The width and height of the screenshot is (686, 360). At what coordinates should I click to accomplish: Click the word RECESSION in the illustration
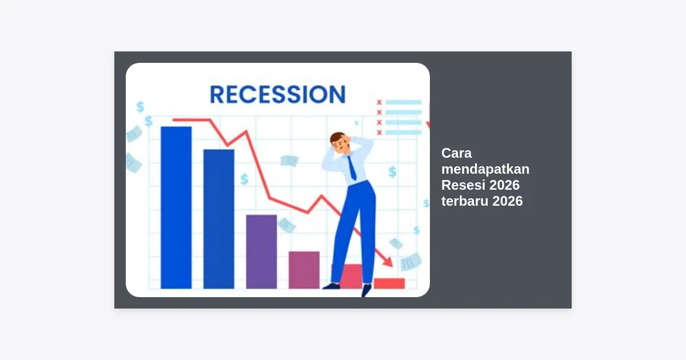coord(278,94)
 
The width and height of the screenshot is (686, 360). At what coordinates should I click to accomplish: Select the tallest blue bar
coord(176,207)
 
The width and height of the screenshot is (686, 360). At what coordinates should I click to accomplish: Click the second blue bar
coord(218,219)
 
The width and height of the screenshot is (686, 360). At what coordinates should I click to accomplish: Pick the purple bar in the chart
coord(261,251)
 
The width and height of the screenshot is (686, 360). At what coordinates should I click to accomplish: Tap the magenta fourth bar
coord(304,270)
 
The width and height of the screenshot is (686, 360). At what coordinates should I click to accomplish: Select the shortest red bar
coord(389,283)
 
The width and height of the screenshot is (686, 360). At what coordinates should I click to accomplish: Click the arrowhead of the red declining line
coord(388,262)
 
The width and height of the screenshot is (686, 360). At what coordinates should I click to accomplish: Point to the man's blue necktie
coord(352,168)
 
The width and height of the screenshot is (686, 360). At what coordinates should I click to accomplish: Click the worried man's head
coord(340,142)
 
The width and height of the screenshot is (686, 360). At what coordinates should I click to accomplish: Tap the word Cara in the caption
coord(456,153)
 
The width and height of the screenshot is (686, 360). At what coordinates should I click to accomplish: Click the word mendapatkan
coord(485,169)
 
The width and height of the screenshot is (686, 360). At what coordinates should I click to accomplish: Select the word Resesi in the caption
coord(463,185)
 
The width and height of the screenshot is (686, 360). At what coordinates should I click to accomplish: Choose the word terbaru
coord(465,201)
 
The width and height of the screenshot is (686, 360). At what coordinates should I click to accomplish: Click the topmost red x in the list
coord(379,102)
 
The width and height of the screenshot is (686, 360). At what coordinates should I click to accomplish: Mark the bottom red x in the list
coord(379,133)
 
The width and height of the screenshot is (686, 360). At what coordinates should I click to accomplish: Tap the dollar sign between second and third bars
coord(245,179)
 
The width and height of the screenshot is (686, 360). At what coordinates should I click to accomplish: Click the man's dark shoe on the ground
coord(332,286)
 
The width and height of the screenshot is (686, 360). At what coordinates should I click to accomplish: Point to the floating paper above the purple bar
coord(289,161)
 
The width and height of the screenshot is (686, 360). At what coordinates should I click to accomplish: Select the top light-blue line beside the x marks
coord(404,102)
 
